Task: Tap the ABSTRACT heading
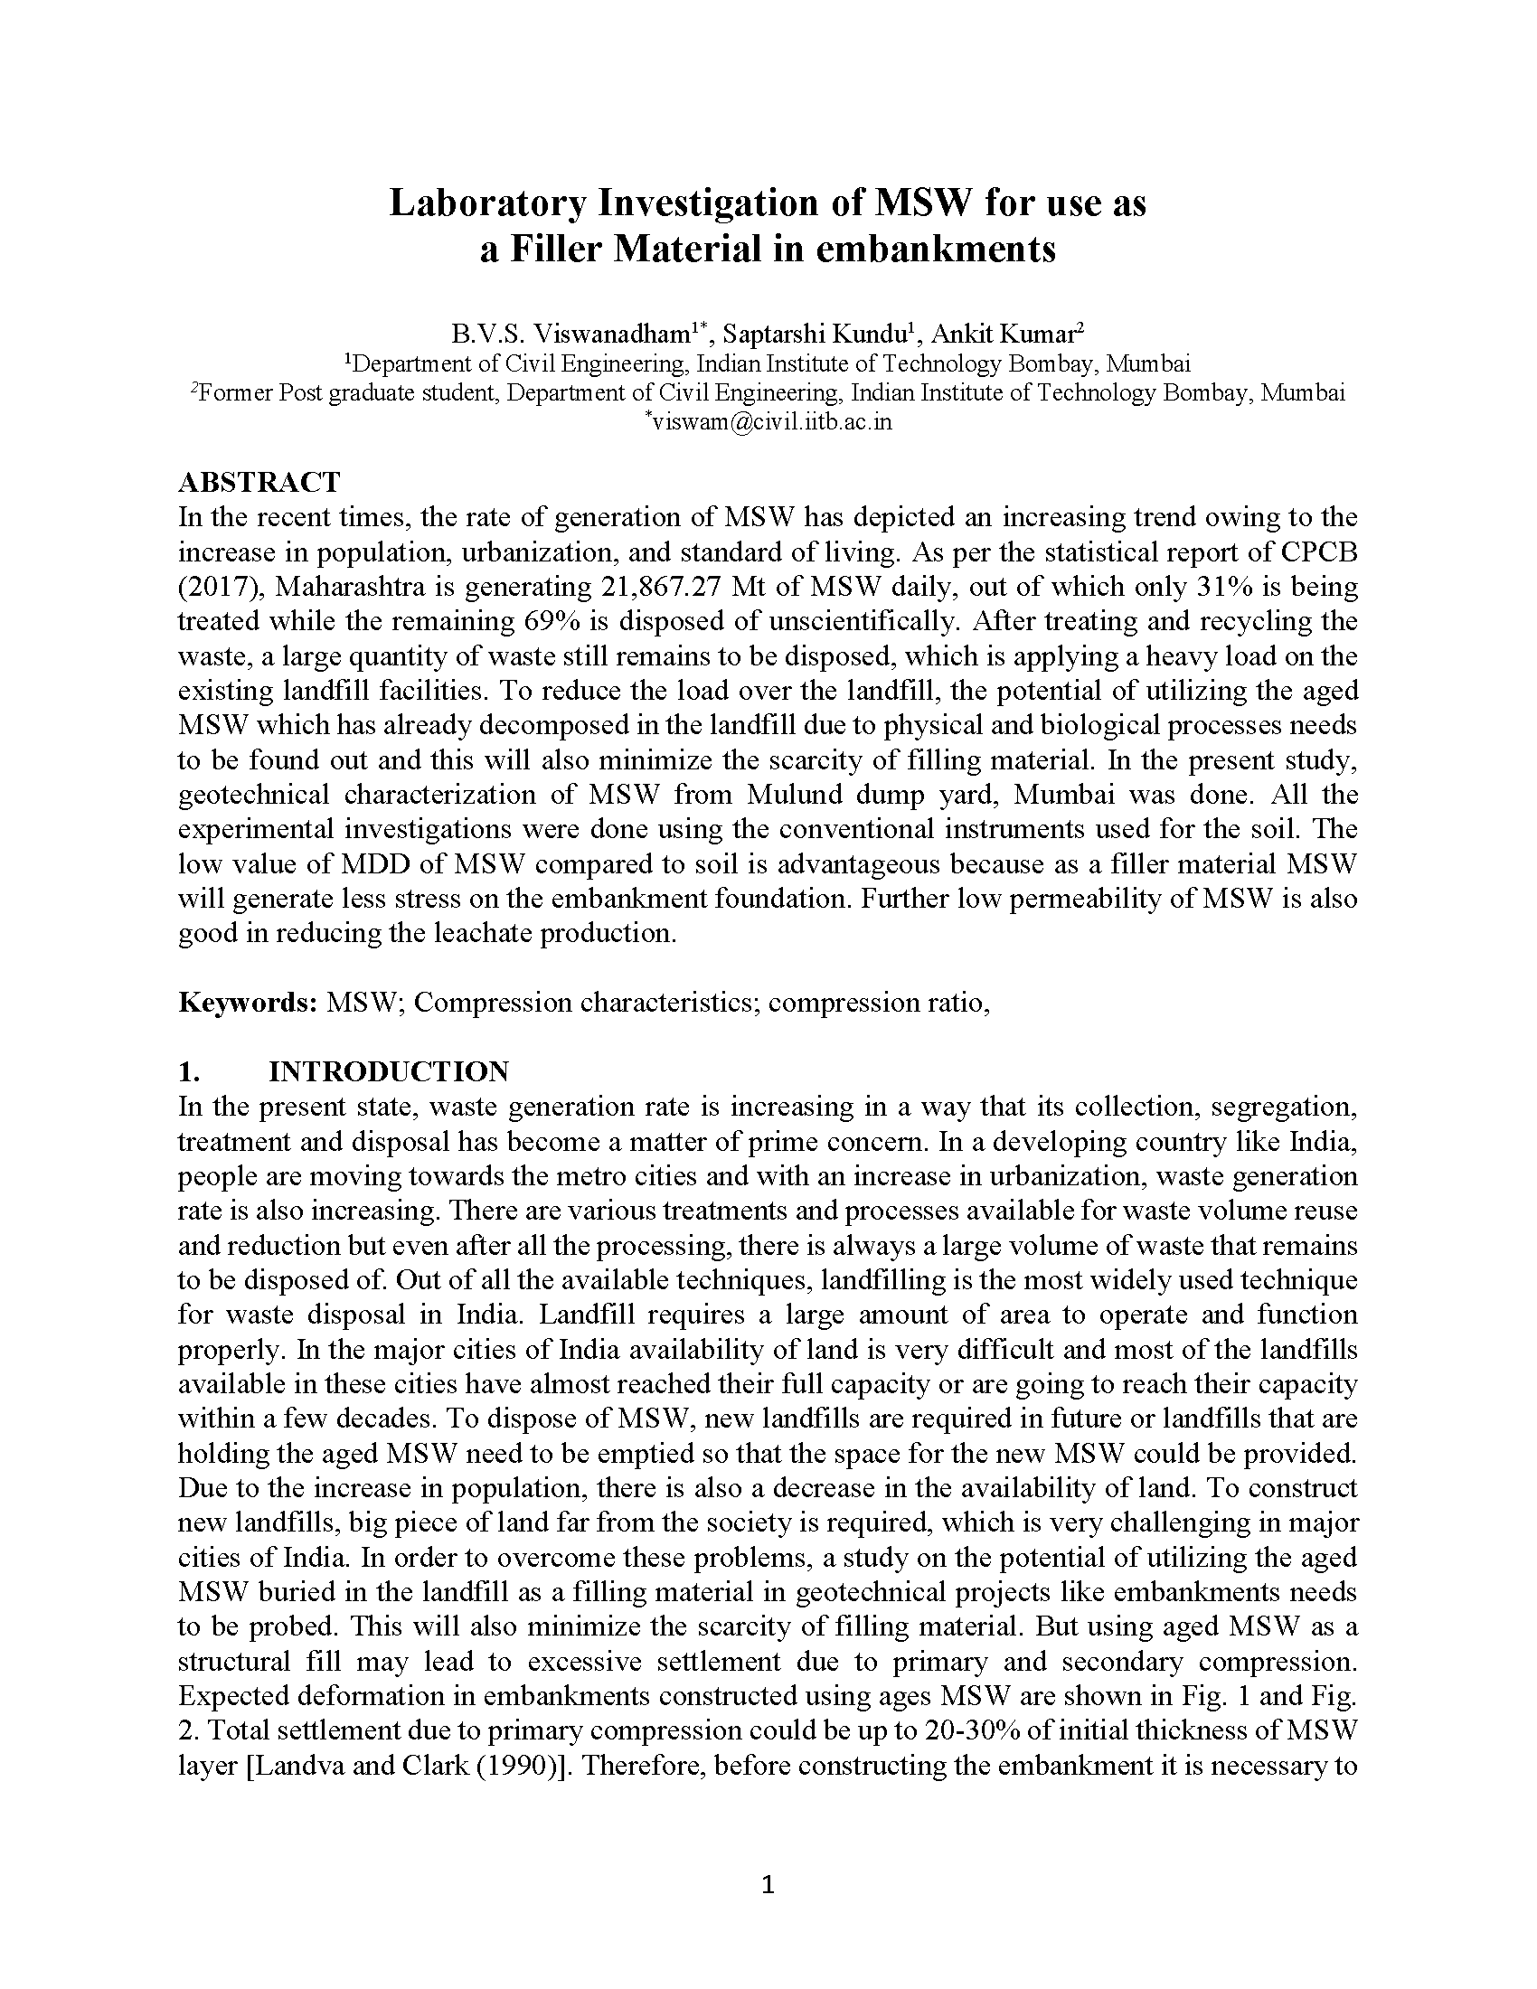(259, 482)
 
